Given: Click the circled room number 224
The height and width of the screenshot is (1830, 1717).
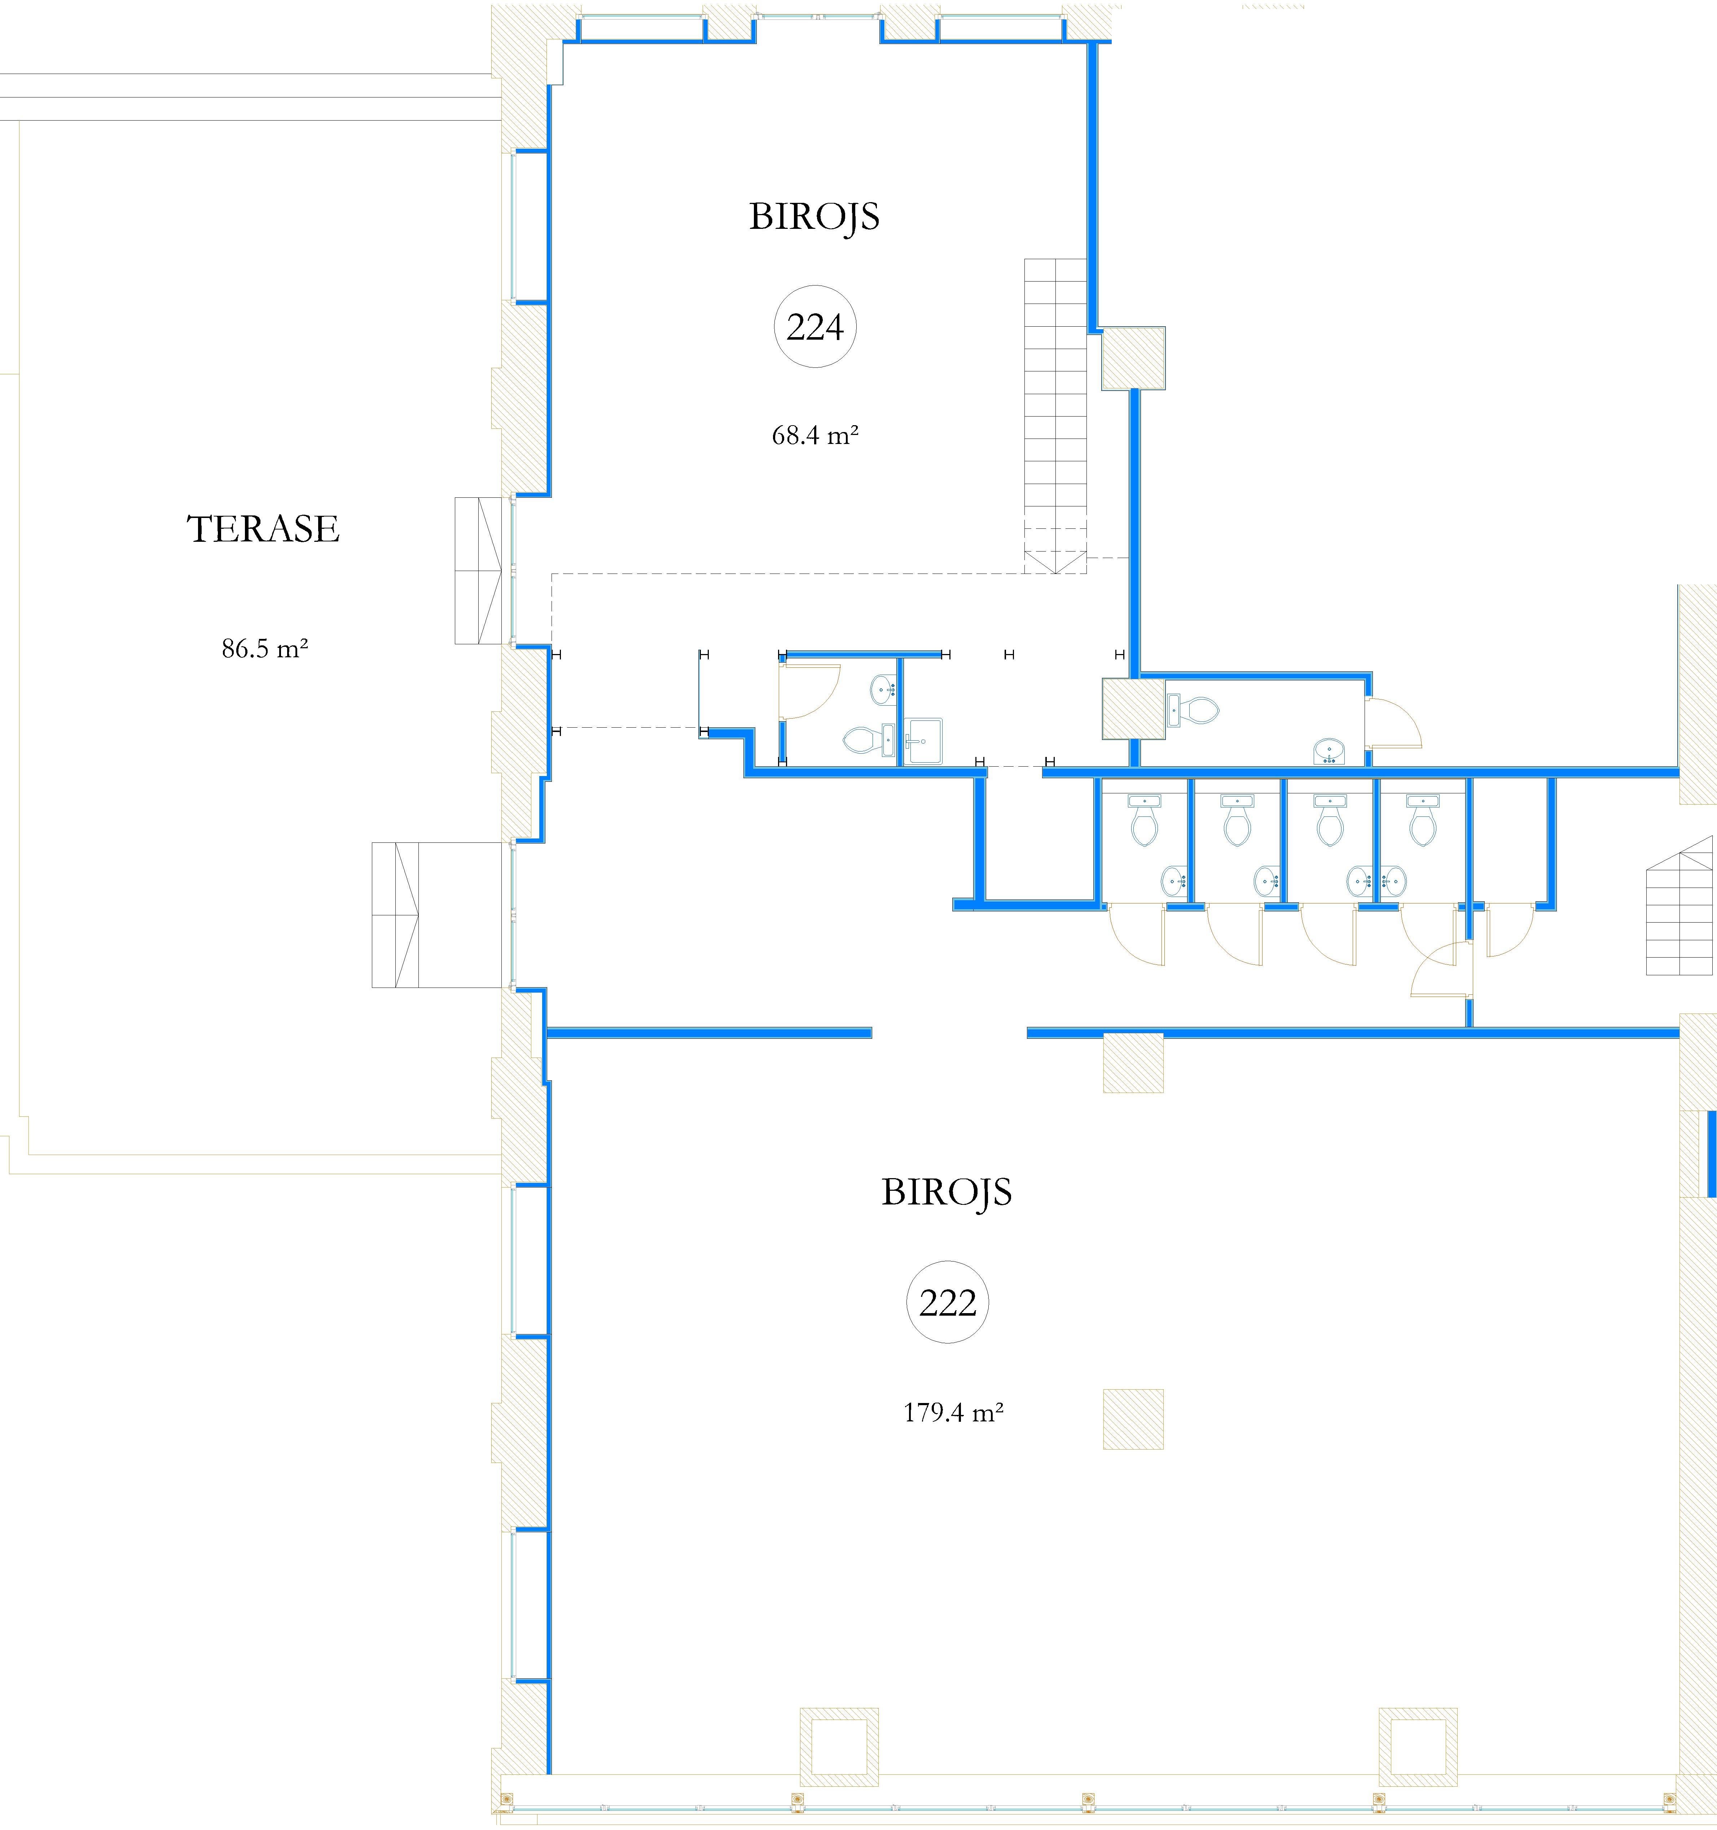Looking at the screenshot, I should [814, 327].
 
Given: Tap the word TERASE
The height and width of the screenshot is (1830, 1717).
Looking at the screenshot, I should [263, 529].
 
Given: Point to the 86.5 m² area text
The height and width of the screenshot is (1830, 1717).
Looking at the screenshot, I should [264, 649].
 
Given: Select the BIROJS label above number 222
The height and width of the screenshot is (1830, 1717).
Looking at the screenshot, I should [947, 1192].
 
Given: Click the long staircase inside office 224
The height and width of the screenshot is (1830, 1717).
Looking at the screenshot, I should [1055, 414].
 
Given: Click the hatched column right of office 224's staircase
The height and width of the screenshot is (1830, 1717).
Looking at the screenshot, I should [1134, 357].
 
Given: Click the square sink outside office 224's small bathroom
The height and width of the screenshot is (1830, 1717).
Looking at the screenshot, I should [923, 741].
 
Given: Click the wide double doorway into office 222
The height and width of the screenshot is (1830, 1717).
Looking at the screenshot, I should [949, 1033].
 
